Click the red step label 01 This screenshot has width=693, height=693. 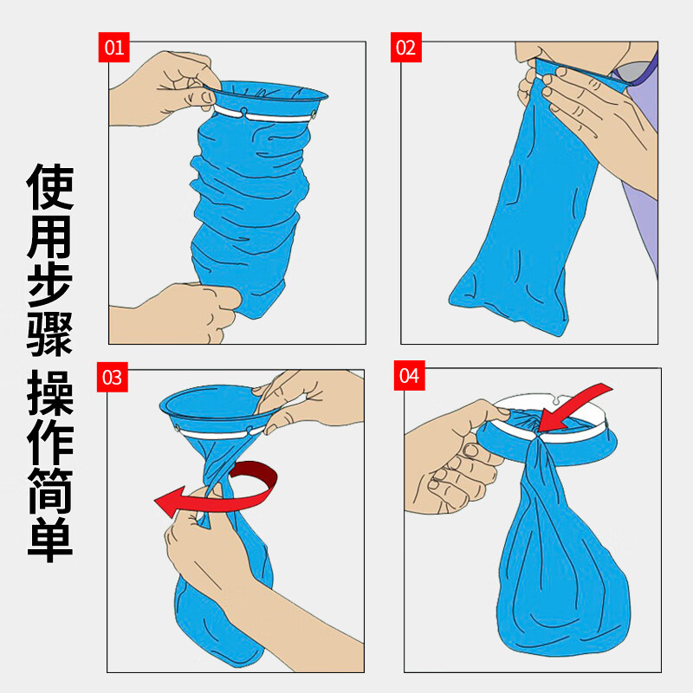coord(113,47)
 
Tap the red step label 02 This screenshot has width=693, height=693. coord(405,47)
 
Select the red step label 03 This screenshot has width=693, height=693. coord(113,377)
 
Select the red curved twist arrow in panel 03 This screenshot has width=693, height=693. coord(217,489)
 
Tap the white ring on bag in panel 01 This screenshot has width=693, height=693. coord(269,113)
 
